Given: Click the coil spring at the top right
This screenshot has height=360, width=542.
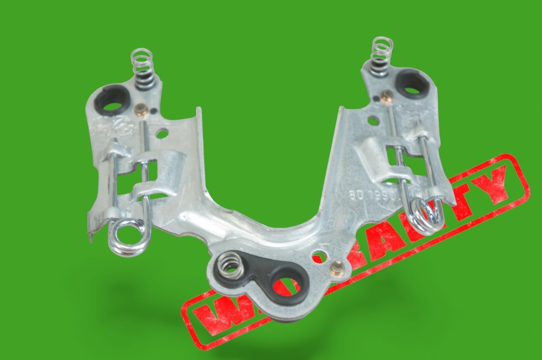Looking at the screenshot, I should pyautogui.click(x=381, y=56).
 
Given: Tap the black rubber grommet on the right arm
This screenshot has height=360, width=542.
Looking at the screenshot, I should pyautogui.click(x=412, y=84).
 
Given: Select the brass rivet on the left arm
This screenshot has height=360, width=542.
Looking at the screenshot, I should pyautogui.click(x=141, y=110).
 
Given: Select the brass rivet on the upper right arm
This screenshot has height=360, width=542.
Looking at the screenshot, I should pyautogui.click(x=386, y=96).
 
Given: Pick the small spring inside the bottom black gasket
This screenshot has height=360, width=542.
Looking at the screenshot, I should pyautogui.click(x=230, y=265).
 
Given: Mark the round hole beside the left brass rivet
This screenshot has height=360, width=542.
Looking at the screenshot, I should pyautogui.click(x=162, y=133).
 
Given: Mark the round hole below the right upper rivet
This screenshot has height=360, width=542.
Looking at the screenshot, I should pyautogui.click(x=373, y=121).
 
